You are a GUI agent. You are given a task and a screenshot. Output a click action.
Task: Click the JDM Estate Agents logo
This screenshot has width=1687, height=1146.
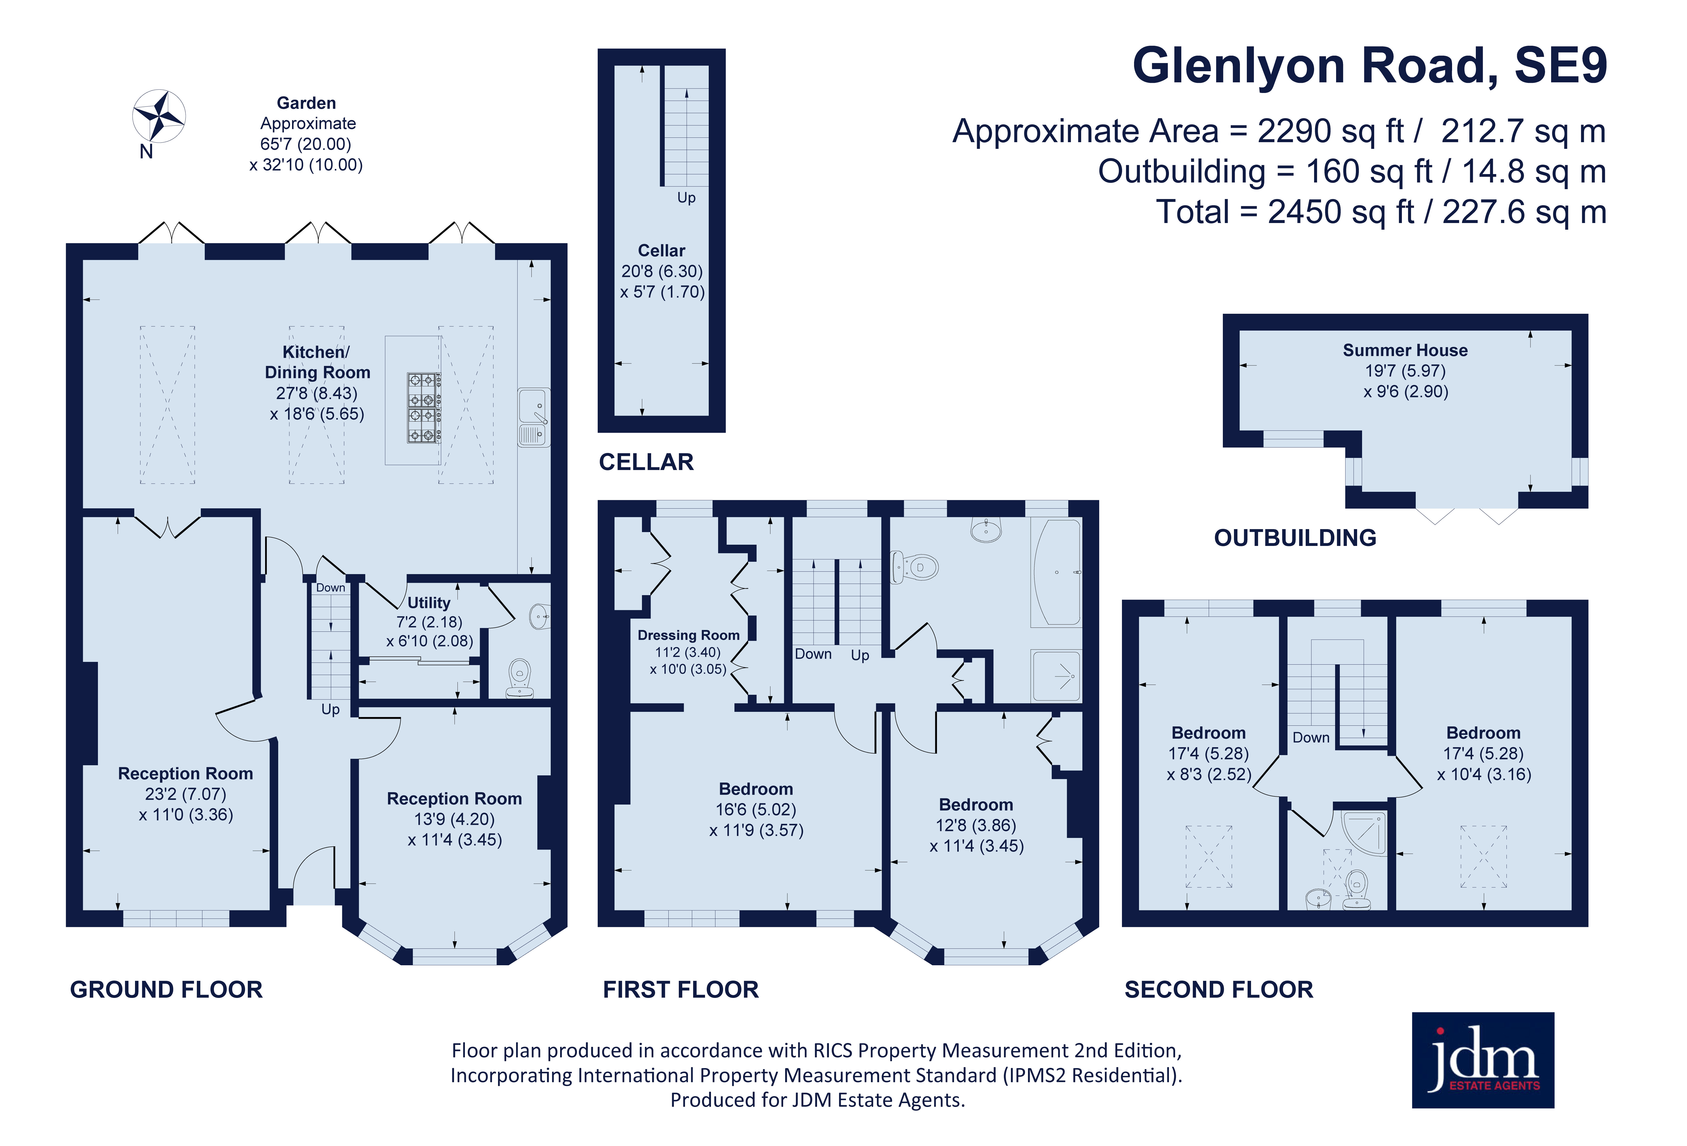pos(1482,1060)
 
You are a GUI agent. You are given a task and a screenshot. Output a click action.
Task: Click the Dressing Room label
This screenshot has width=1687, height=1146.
pos(688,635)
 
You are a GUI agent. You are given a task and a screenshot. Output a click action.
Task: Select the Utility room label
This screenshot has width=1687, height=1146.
pos(428,602)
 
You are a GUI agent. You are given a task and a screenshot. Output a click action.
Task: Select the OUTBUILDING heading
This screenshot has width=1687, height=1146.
pos(1295,538)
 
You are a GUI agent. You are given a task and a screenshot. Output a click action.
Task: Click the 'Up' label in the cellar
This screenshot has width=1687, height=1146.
pos(686,197)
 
